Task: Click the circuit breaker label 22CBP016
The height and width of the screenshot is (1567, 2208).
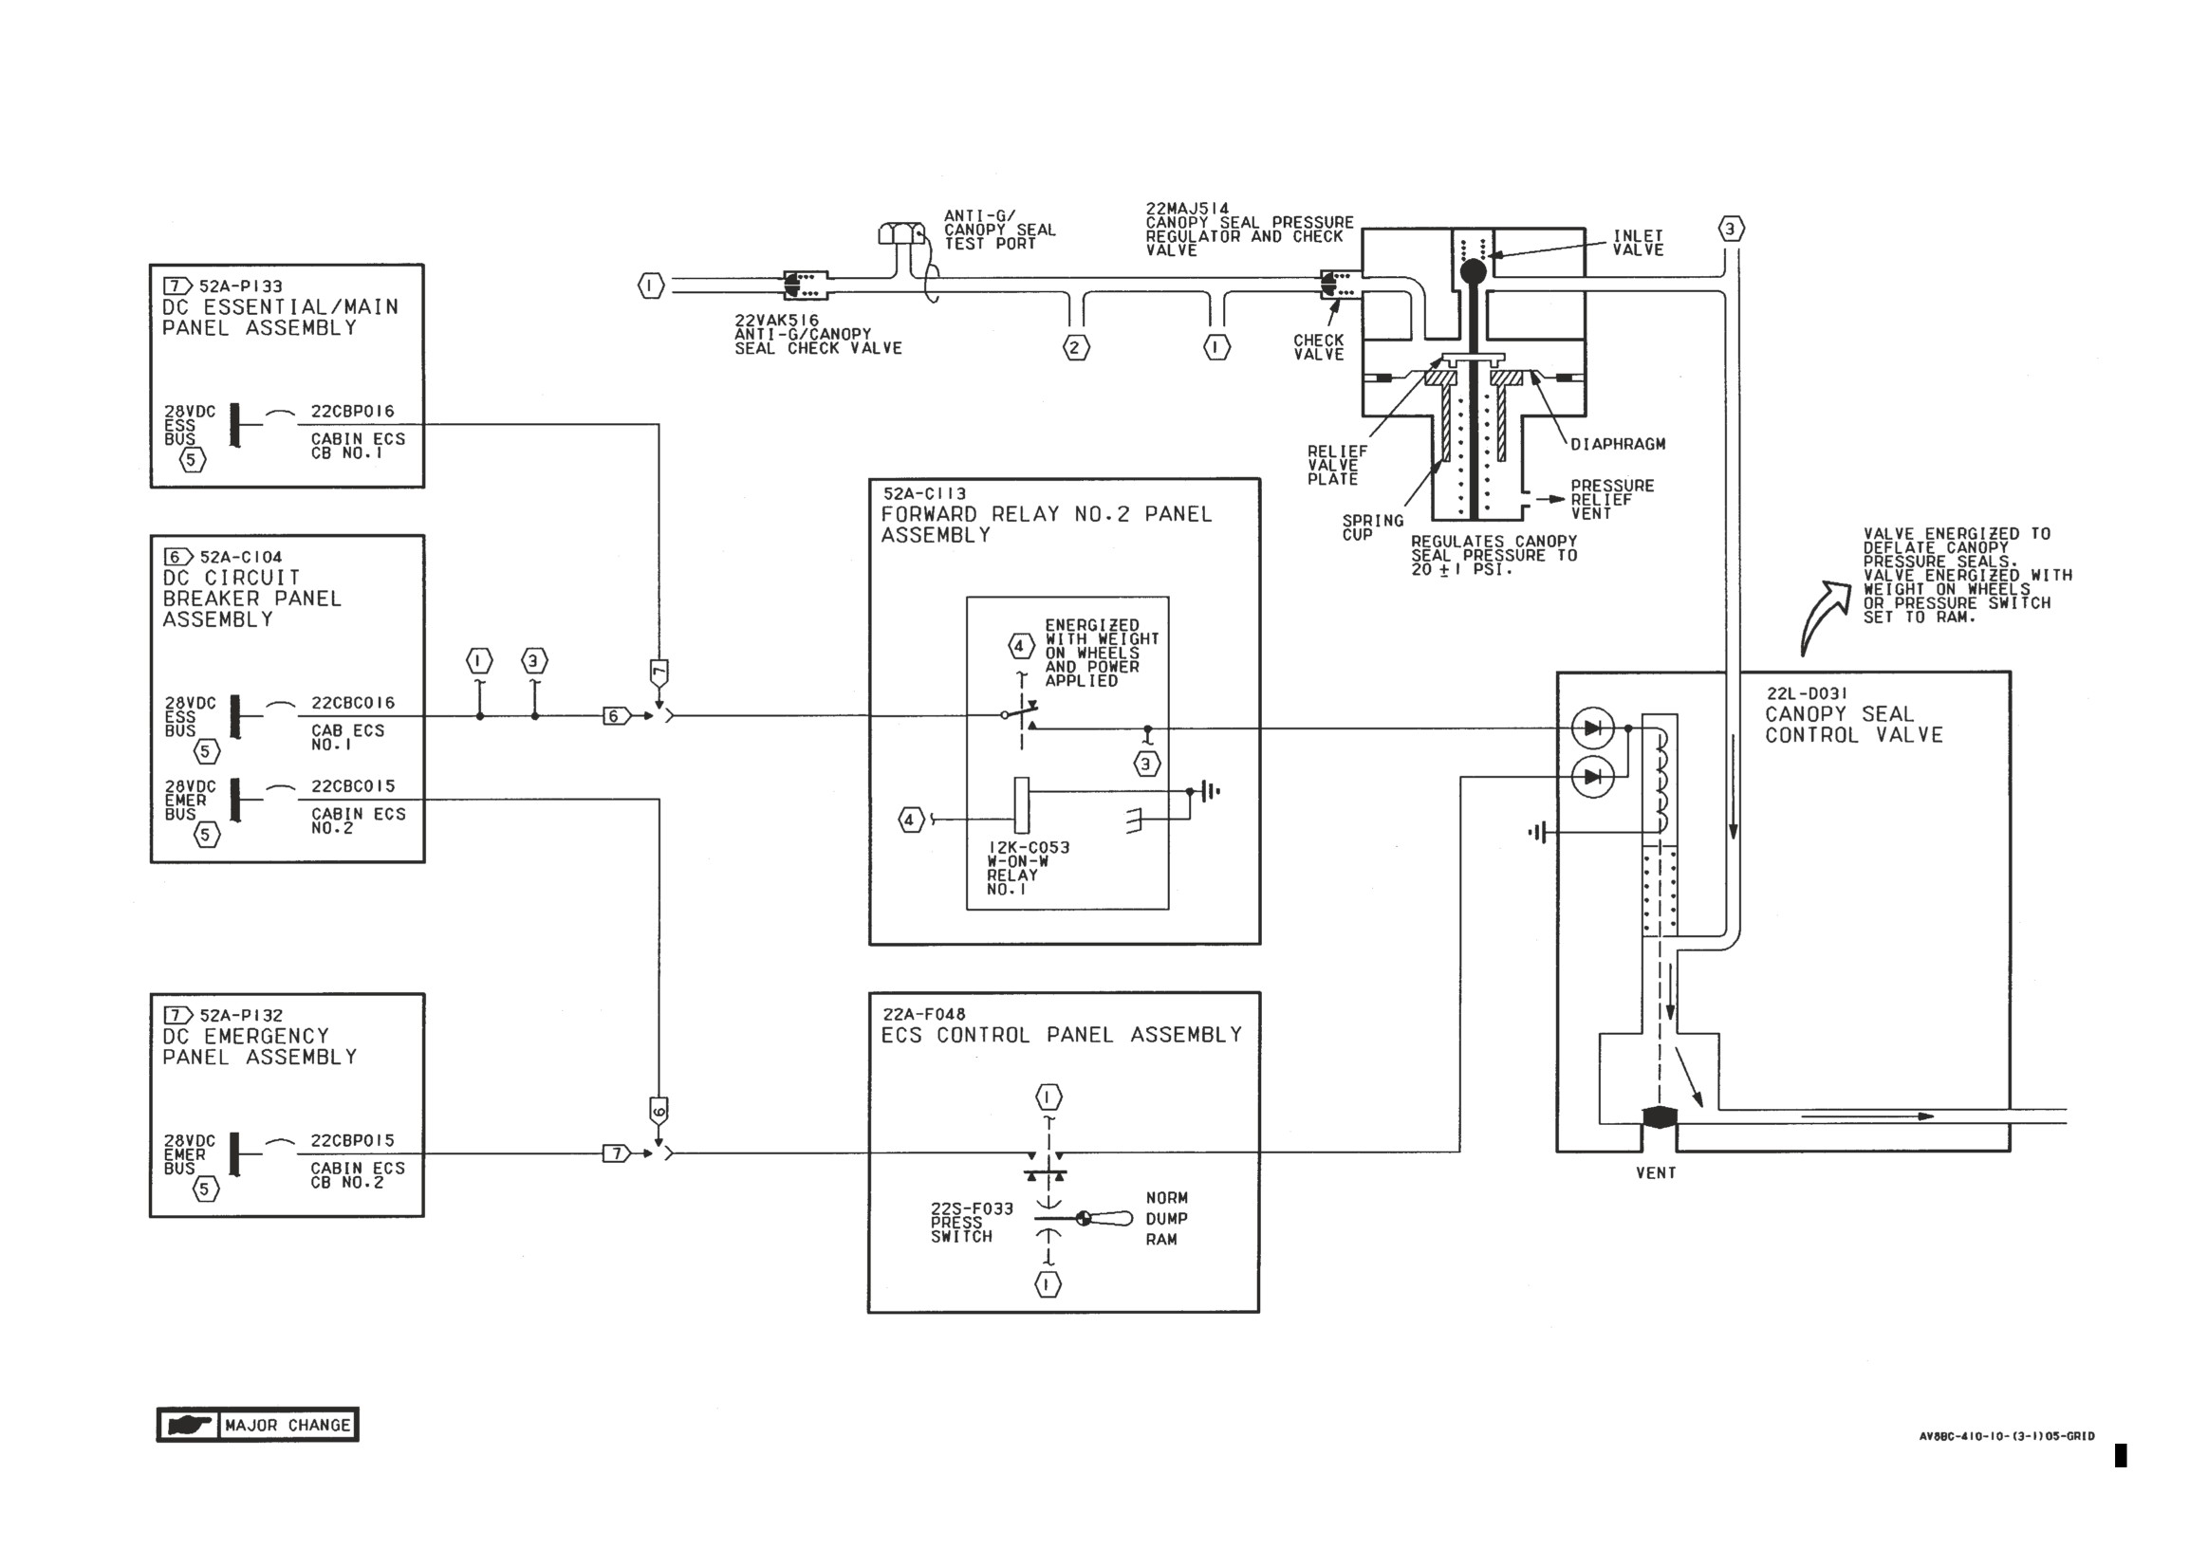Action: pos(352,411)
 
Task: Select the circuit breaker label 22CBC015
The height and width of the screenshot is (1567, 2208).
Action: pos(352,786)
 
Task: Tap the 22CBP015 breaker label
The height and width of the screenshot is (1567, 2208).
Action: pos(352,1140)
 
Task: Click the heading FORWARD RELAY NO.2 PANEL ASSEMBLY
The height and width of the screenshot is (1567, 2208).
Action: pos(1046,524)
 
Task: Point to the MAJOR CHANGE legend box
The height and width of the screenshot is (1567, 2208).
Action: pos(258,1424)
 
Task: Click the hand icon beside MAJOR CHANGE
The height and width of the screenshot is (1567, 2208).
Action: pos(189,1425)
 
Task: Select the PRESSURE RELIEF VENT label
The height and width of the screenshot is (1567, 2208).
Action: pos(1611,499)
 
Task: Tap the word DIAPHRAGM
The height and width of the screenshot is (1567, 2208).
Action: pos(1618,444)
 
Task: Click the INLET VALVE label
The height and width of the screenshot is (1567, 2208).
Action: pos(1638,242)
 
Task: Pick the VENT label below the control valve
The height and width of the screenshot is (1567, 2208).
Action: pos(1656,1173)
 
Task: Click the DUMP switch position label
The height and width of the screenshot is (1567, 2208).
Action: pos(1166,1219)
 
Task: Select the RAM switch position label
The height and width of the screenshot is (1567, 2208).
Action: pos(1161,1240)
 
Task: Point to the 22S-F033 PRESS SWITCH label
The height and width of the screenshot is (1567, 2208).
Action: pos(971,1223)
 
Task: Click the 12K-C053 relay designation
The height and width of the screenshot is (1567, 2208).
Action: pos(1029,848)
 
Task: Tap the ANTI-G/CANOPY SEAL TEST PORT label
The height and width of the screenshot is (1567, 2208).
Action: pos(999,230)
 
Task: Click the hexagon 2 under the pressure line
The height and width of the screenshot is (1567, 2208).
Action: pos(1076,347)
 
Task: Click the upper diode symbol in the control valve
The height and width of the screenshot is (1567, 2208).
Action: pos(1592,728)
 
